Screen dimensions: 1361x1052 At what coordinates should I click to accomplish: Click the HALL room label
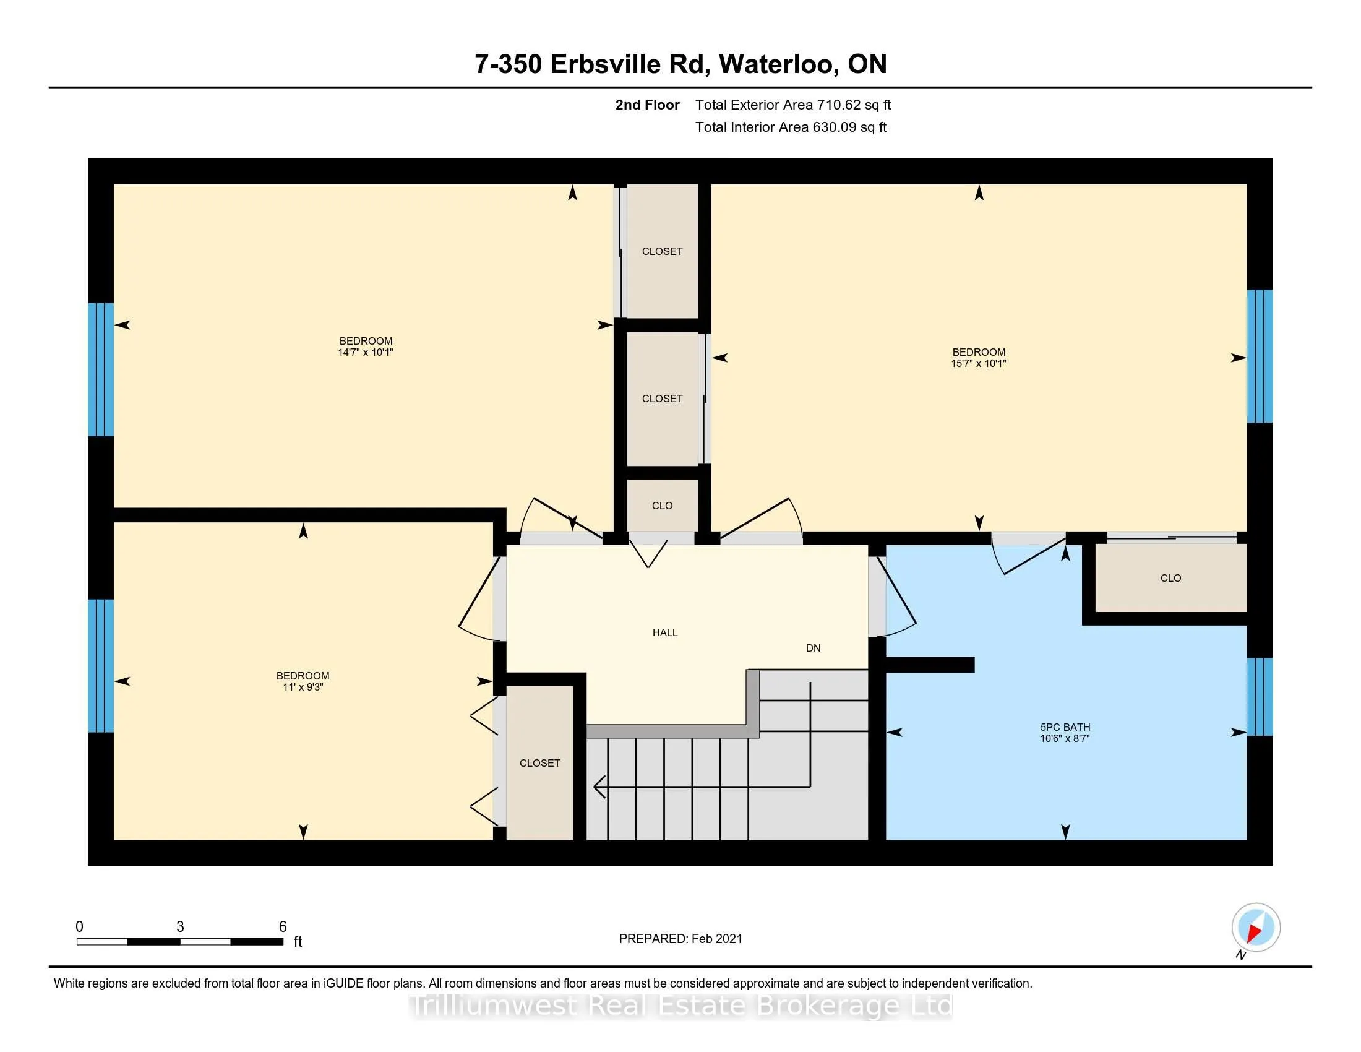point(665,632)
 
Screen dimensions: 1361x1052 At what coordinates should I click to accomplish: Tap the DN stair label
point(814,648)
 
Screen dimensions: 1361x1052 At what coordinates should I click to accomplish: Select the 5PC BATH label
point(1065,727)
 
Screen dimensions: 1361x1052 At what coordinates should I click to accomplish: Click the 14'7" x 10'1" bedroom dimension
point(366,353)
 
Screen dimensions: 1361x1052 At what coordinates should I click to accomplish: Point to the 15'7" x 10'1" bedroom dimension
point(979,364)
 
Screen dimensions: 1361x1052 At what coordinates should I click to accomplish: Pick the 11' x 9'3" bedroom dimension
point(303,688)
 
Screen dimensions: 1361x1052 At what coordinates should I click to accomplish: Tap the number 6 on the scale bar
point(282,927)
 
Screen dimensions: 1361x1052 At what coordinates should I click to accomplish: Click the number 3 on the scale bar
point(180,927)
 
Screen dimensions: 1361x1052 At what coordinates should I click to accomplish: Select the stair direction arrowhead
point(599,787)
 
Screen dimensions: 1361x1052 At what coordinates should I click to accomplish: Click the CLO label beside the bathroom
point(1170,579)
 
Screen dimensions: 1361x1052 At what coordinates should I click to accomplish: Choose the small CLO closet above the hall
point(662,506)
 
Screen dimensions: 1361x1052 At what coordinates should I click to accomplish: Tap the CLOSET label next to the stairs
point(539,764)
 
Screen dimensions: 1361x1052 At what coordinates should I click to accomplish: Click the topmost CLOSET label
point(662,252)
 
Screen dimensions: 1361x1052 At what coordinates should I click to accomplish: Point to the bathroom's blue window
point(1260,697)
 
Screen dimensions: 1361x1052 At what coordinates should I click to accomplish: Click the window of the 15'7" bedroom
point(1260,356)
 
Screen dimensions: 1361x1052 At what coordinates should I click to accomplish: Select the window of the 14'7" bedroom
point(101,369)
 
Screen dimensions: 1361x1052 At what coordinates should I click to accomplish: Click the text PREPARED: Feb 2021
point(680,939)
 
